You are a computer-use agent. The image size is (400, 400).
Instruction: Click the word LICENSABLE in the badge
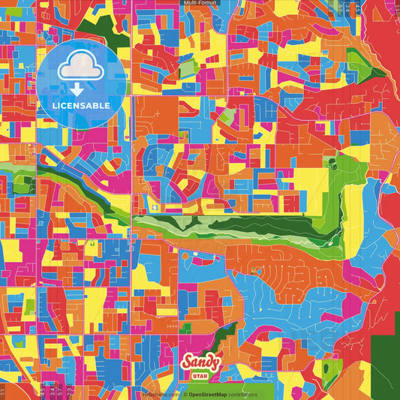point(83,106)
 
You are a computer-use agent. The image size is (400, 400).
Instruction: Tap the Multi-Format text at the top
point(200,3)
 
